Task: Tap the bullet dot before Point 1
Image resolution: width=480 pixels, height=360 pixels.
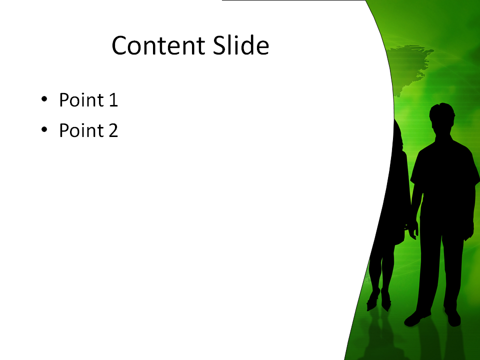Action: pos(44,99)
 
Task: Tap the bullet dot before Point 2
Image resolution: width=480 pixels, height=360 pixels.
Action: pos(44,129)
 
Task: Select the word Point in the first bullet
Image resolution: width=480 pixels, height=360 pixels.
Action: pos(81,99)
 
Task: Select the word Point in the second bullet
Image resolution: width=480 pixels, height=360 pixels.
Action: pos(81,130)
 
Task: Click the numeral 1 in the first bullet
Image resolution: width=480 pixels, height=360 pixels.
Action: pos(113,100)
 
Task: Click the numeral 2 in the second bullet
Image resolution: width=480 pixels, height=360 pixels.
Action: pos(113,130)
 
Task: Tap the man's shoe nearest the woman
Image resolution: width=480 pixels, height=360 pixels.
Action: pos(417,318)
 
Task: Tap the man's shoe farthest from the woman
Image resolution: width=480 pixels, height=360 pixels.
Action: pos(453,318)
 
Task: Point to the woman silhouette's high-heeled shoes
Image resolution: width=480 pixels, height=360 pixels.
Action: pos(379,300)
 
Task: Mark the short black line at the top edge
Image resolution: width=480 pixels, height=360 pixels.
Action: pos(294,0)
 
